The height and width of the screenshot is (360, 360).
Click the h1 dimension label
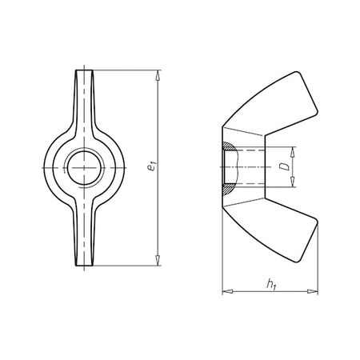click(x=271, y=282)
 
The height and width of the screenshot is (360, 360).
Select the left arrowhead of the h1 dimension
click(x=224, y=290)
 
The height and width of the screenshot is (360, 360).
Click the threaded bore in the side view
click(x=244, y=167)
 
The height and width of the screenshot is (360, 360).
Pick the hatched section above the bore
click(x=227, y=148)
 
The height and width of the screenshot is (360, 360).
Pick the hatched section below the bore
click(x=227, y=187)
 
